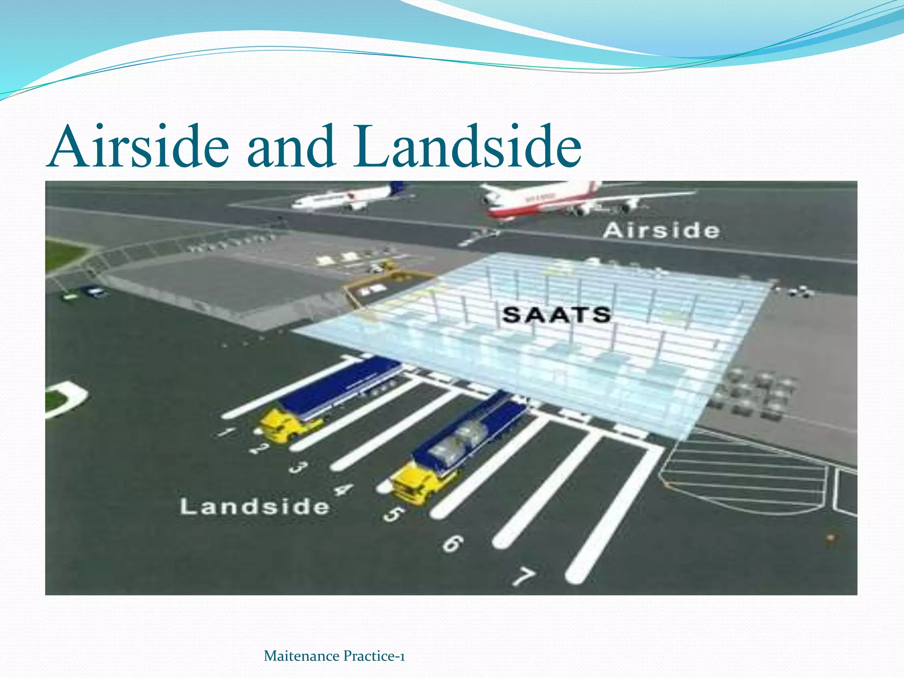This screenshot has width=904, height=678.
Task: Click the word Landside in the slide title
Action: pyautogui.click(x=467, y=147)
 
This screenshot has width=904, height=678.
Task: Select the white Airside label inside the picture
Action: pyautogui.click(x=661, y=231)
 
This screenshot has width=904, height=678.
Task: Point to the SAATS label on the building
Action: pyautogui.click(x=557, y=315)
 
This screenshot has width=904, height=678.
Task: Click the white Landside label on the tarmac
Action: pyautogui.click(x=255, y=506)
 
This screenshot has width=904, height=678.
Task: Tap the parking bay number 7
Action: pyautogui.click(x=524, y=576)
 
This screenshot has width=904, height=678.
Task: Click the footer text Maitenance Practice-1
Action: pyautogui.click(x=334, y=656)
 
